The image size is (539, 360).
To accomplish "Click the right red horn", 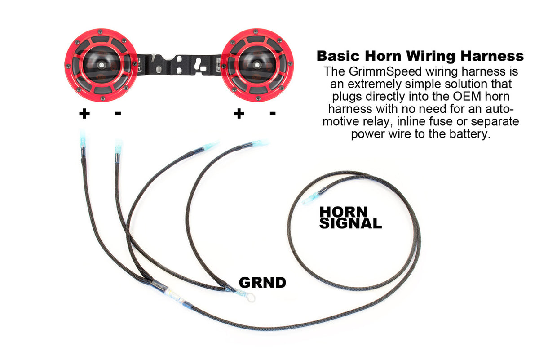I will tap(260, 65).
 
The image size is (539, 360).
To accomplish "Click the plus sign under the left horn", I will tap(84, 114).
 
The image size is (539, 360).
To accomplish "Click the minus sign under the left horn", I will tap(118, 113).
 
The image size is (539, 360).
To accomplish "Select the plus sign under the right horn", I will tap(239, 114).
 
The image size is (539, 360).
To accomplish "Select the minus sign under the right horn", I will tap(272, 113).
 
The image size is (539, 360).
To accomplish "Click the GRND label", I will tap(262, 282).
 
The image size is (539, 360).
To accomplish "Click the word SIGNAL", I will tap(350, 222).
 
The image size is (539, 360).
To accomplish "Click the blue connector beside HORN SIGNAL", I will tap(312, 198).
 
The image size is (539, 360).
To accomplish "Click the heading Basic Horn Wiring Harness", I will tap(420, 56).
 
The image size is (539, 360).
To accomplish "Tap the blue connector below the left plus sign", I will tap(83, 139).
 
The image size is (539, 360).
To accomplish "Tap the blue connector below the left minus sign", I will tap(118, 147).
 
